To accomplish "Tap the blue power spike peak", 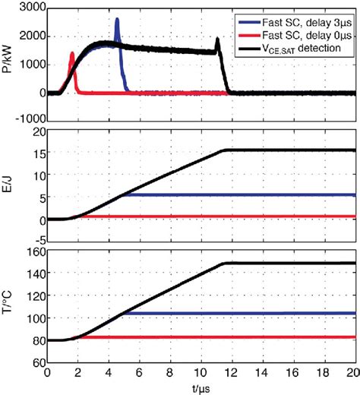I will pyautogui.click(x=117, y=20).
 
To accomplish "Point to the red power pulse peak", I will pyautogui.click(x=72, y=53).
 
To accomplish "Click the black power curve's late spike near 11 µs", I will pyautogui.click(x=217, y=39).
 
